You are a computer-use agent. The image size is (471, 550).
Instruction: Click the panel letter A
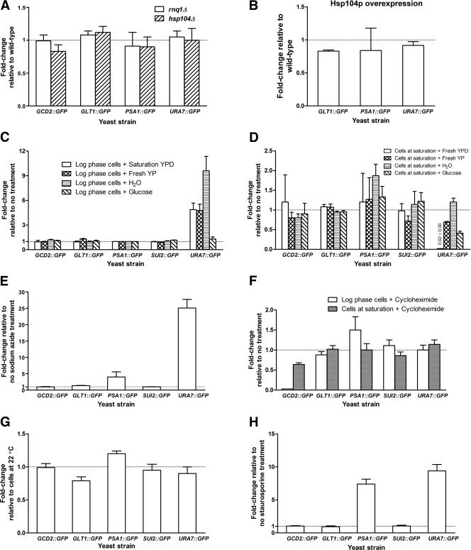pyautogui.click(x=6, y=6)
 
